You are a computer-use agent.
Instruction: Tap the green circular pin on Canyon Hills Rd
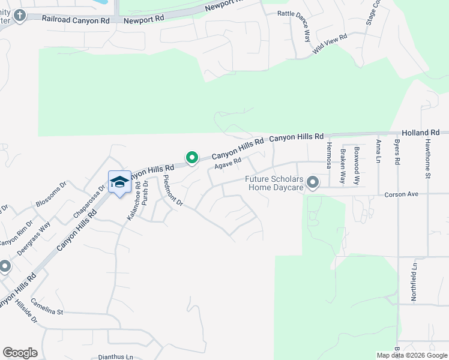(x=192, y=158)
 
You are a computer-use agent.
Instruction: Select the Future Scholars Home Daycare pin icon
(x=312, y=182)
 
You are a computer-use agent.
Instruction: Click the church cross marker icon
(x=20, y=15)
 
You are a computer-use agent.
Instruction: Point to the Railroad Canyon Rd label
(x=76, y=19)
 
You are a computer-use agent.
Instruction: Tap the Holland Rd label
(x=421, y=132)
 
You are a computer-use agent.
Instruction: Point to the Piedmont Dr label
(x=173, y=193)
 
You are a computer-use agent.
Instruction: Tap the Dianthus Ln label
(x=116, y=357)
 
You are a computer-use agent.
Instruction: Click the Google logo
(x=20, y=353)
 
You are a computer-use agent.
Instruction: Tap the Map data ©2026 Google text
(x=411, y=355)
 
